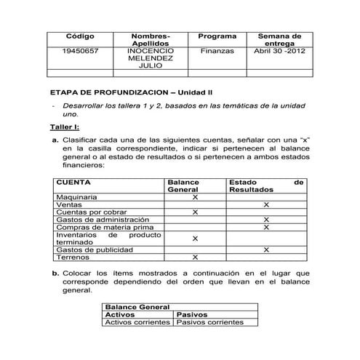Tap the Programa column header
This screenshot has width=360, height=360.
tap(217, 36)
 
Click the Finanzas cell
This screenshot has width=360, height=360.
tap(217, 52)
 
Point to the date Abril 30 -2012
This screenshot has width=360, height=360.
tap(279, 52)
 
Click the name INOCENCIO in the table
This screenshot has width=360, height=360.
tap(151, 52)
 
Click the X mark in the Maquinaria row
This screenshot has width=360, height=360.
tap(195, 197)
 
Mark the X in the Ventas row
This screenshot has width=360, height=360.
tap(266, 205)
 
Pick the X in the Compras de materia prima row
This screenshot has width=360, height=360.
tap(266, 227)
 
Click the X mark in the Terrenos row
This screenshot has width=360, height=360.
tap(195, 257)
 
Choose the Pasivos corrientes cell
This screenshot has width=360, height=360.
tap(210, 322)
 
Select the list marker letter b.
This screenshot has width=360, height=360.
tap(55, 273)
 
